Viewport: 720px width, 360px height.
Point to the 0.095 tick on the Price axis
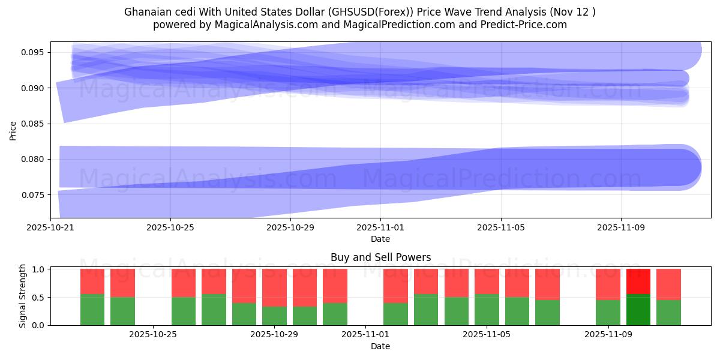pos(34,52)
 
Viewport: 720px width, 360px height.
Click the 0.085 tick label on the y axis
pos(34,124)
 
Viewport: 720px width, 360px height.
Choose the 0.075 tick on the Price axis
pos(34,195)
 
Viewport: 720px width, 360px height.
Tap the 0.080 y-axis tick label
pos(34,160)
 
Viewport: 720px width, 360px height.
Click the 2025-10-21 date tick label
pos(51,227)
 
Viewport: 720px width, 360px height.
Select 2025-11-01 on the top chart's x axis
pos(380,227)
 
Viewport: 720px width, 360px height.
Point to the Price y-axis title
pos(13,130)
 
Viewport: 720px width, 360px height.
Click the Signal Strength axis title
pos(22,296)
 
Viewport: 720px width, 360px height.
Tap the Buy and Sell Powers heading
pos(380,257)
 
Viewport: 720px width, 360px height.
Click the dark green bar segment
pos(638,310)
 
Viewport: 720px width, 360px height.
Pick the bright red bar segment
pos(638,281)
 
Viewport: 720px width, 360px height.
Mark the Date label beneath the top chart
pos(380,239)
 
